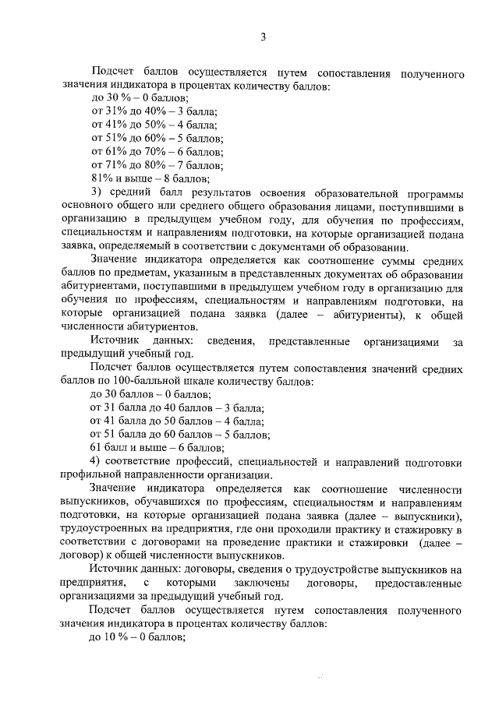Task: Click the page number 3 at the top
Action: tap(264, 37)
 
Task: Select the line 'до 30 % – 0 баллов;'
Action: tap(140, 98)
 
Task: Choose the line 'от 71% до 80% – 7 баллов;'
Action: tap(157, 164)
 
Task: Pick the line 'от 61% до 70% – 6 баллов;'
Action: tap(157, 151)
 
